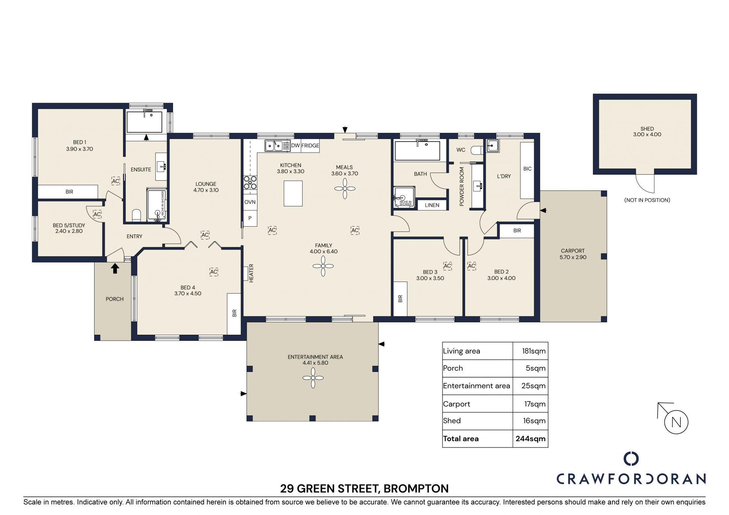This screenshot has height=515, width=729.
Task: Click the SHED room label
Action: point(647,129)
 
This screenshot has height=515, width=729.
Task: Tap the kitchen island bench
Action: point(293,193)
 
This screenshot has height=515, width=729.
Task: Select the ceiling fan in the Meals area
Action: point(345,189)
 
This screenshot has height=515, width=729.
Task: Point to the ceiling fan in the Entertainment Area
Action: point(313,378)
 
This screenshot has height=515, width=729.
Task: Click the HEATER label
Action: point(251,273)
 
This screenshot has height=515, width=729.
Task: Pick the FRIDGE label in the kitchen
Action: point(310,146)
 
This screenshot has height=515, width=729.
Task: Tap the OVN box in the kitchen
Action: point(250,202)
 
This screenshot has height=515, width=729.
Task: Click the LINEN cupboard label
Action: point(432,205)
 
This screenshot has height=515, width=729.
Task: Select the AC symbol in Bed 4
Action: point(214,272)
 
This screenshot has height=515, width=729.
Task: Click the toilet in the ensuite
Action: point(136,215)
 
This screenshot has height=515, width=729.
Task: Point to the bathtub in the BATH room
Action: point(418,151)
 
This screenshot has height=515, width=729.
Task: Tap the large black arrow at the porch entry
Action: point(115,268)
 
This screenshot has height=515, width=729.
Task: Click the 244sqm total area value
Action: point(530,439)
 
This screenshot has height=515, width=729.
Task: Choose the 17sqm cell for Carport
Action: point(535,404)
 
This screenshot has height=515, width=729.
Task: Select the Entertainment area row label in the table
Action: point(477,386)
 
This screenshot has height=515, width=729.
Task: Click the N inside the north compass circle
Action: point(676,422)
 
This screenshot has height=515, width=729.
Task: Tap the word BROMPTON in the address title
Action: point(416,488)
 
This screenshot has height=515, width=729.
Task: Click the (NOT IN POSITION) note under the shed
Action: point(647,200)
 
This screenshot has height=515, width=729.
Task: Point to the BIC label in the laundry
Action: point(527,169)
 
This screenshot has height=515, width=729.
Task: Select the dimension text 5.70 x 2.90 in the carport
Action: point(573,257)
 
